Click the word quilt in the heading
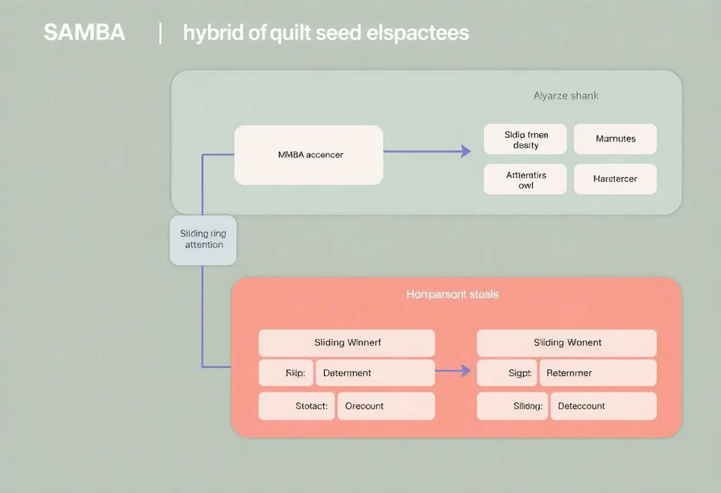290,33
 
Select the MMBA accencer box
309,155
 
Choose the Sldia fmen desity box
525,139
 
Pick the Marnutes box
615,139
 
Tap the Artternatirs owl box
525,180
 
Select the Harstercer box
615,179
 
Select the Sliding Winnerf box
347,343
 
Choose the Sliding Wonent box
567,343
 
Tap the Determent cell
375,373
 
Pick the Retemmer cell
598,373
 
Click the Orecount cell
386,406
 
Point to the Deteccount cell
603,406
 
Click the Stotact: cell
297,406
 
